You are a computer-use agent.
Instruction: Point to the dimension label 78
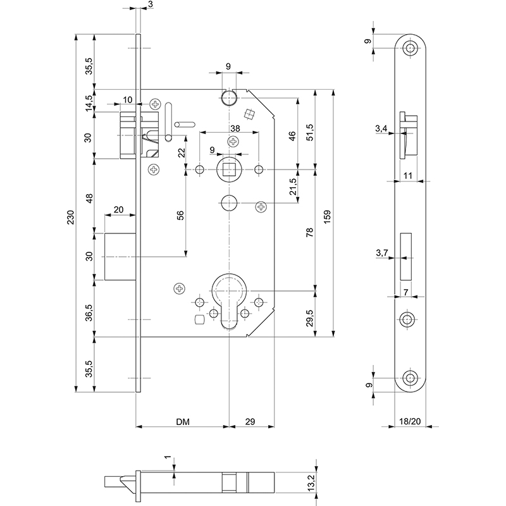click(309, 232)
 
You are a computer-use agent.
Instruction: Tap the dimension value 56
click(180, 215)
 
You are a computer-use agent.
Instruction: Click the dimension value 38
click(235, 128)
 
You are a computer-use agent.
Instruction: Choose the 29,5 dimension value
click(309, 314)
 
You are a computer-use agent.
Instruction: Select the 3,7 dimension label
click(381, 253)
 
